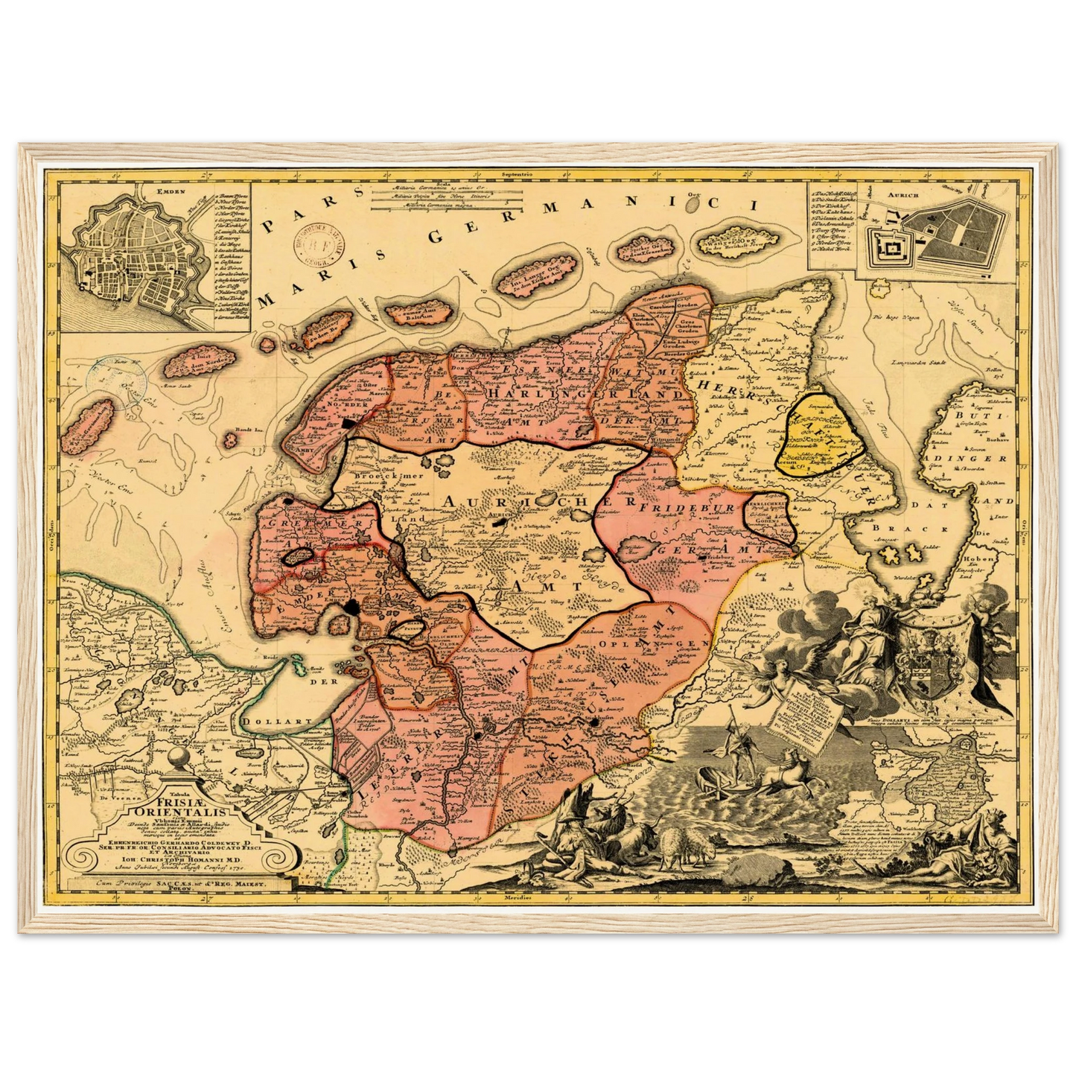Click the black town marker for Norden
coord(351,423)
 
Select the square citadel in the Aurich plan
coord(888,243)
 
